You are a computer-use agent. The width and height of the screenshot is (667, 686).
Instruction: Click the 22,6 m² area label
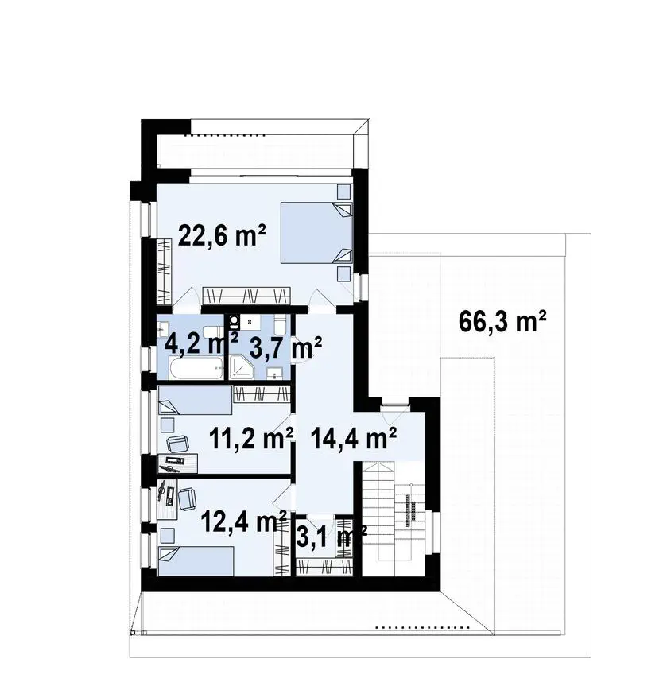coord(222,237)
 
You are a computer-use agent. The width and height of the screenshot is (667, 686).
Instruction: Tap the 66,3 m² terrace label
coord(502,321)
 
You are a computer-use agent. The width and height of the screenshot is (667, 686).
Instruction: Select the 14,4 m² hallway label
coord(354,438)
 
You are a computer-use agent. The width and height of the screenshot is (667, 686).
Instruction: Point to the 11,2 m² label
coord(251,438)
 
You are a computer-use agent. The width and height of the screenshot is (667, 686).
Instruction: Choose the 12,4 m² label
coord(244,521)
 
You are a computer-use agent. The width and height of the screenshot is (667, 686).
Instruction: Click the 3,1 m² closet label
coord(332,537)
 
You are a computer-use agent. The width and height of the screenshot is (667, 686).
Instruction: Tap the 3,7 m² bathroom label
coord(285,348)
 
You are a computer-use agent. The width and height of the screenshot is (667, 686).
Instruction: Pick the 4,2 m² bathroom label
coord(201,343)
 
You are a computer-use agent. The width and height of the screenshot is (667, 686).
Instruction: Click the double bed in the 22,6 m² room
coord(316,232)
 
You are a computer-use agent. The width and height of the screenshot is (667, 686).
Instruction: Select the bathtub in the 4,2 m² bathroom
coord(196,370)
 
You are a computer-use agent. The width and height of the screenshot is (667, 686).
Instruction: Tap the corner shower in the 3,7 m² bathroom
coord(241,366)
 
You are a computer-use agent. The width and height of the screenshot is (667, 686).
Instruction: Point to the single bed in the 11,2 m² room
coord(196,400)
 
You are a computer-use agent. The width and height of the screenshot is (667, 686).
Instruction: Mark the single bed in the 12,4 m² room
coord(196,561)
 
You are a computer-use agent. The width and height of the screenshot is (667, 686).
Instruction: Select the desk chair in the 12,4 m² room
coord(188,499)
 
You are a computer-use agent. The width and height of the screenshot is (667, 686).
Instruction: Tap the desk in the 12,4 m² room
coord(167,498)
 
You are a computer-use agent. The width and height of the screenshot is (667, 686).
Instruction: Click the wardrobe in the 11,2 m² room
coord(262,394)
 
